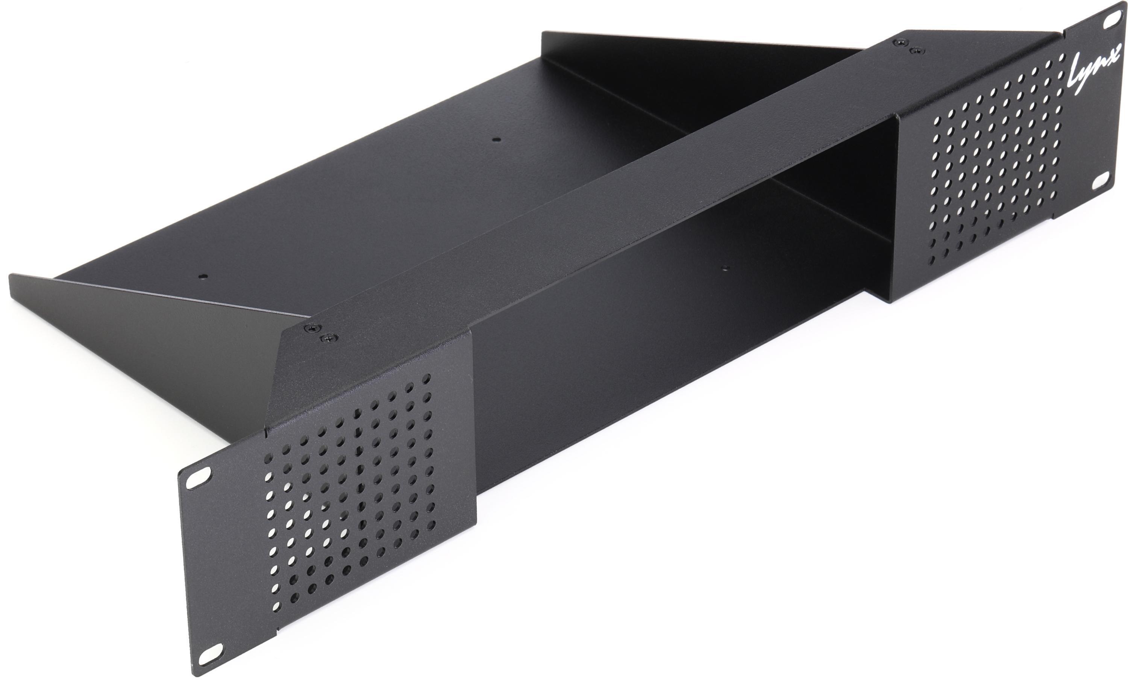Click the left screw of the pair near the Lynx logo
[900, 42]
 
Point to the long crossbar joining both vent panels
[595, 192]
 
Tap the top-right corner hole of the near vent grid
[427, 378]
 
